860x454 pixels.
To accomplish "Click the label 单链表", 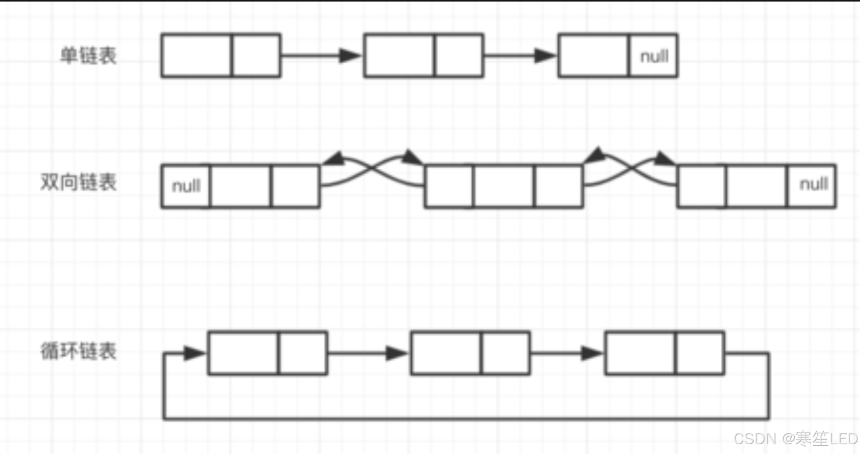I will (88, 56).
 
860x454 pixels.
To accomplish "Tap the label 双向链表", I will (79, 182).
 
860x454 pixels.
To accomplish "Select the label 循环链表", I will (79, 351).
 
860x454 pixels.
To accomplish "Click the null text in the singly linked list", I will (654, 56).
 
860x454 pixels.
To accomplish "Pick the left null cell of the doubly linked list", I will (186, 186).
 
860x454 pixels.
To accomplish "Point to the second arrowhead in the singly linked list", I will (545, 56).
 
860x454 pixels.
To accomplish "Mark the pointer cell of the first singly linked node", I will (256, 56).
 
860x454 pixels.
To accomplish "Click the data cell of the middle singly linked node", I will (399, 56).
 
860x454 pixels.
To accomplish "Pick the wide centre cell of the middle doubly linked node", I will (504, 186).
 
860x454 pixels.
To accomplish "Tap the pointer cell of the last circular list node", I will (700, 353).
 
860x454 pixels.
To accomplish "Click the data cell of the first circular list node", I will (243, 353).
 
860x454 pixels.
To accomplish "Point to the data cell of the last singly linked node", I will (593, 56).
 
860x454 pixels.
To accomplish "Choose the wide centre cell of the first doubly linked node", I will (241, 186).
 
